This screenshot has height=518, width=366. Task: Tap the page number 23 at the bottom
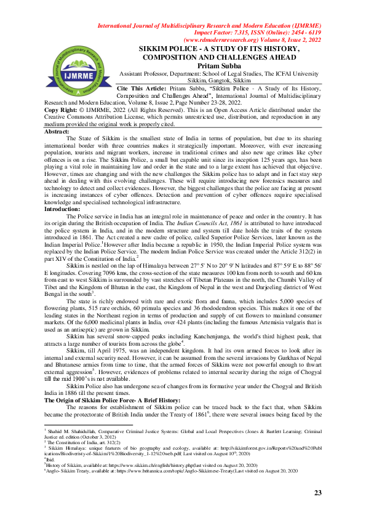(x=318, y=493)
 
